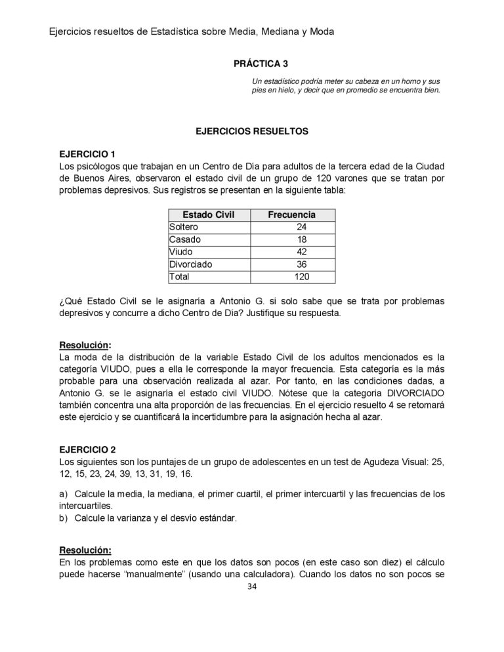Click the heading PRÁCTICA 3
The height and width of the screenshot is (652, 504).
click(261, 64)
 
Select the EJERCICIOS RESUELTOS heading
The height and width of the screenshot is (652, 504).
click(252, 131)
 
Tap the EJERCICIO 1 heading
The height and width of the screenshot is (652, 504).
click(87, 154)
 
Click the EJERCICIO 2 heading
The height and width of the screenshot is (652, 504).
click(87, 449)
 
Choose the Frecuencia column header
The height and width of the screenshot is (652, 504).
click(291, 214)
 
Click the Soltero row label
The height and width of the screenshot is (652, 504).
click(184, 227)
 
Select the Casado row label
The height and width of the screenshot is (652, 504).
click(185, 239)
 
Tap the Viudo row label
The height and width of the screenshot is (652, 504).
click(181, 252)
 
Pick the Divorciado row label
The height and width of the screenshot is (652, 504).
click(190, 264)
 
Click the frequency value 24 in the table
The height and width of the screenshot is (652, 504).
click(302, 227)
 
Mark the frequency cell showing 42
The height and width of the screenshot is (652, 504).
click(302, 252)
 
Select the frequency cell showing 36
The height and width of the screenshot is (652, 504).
click(302, 264)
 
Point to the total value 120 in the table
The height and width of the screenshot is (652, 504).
click(301, 277)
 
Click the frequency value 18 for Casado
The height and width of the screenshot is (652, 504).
click(302, 239)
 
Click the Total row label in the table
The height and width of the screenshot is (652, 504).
click(179, 277)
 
